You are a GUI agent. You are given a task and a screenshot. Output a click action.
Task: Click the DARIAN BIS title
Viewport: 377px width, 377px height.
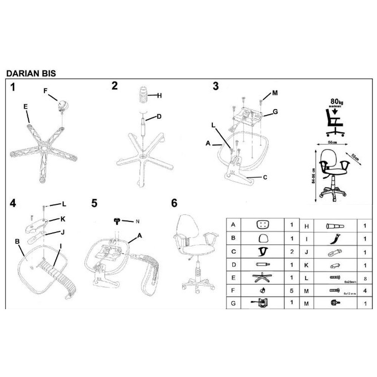tap(31, 73)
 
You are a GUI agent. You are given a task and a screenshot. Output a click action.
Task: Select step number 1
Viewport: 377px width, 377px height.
tap(14, 87)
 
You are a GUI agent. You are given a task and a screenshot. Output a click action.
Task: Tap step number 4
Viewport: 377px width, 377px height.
tap(14, 203)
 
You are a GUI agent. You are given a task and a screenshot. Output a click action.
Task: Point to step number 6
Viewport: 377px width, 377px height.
tap(174, 203)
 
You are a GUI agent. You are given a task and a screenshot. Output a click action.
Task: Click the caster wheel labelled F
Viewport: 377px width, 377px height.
tap(63, 106)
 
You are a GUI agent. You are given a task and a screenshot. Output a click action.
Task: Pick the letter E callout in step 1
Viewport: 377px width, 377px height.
tap(26, 107)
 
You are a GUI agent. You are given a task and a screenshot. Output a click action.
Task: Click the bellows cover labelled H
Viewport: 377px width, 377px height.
tap(142, 95)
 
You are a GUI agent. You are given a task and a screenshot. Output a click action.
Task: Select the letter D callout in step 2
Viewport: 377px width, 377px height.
tap(159, 117)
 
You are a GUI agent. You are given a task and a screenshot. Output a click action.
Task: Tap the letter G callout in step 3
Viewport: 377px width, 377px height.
tap(275, 112)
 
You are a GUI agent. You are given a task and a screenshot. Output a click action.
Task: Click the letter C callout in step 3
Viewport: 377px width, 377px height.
tap(265, 177)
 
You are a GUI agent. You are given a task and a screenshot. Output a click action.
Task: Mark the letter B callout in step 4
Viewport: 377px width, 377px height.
tap(17, 240)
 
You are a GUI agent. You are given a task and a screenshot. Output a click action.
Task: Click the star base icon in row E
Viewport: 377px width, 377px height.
tap(262, 279)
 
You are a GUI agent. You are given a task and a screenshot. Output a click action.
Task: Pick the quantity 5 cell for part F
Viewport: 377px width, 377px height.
tap(291, 291)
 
